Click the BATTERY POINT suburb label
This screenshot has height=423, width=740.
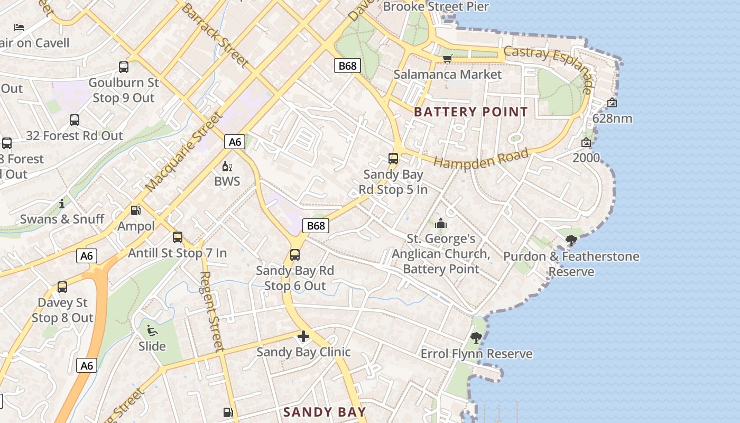[470, 112]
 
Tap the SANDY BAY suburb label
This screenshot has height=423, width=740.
[325, 412]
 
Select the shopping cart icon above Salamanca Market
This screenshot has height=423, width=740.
[447, 58]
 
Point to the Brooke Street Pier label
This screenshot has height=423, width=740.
[436, 7]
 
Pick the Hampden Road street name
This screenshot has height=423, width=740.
[481, 158]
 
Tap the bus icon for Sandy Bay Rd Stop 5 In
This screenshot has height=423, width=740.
[393, 158]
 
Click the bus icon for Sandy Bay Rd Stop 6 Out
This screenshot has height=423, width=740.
[295, 255]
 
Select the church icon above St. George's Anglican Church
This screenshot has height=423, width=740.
[441, 223]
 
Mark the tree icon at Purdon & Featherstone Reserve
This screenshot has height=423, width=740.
[571, 241]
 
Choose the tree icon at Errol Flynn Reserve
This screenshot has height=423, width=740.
[476, 337]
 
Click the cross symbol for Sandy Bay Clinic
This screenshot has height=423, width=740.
[303, 336]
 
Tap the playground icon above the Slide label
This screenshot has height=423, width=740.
[152, 330]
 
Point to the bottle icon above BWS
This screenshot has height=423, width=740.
[227, 167]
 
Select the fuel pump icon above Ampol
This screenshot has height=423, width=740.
[136, 210]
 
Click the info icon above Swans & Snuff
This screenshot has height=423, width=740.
[62, 204]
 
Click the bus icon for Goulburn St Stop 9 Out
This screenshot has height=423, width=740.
[124, 67]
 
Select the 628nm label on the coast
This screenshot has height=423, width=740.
[612, 118]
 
